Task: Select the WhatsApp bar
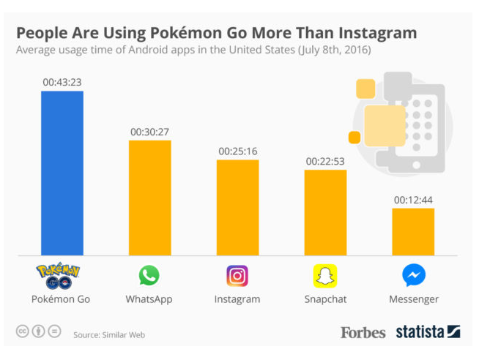[x=149, y=198]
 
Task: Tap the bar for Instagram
[x=237, y=207]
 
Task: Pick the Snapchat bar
[x=325, y=212]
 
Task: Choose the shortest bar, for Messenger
[x=413, y=232]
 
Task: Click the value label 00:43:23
[x=62, y=82]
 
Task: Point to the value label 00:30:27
[x=149, y=132]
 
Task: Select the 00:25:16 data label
[x=237, y=151]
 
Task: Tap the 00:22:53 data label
[x=325, y=161]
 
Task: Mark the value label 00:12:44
[x=413, y=199]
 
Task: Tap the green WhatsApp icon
[x=149, y=276]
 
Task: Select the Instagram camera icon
[x=237, y=276]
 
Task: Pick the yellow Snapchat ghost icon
[x=325, y=276]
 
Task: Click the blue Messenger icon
[x=413, y=276]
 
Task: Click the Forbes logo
[x=363, y=332]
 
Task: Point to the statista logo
[x=428, y=331]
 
